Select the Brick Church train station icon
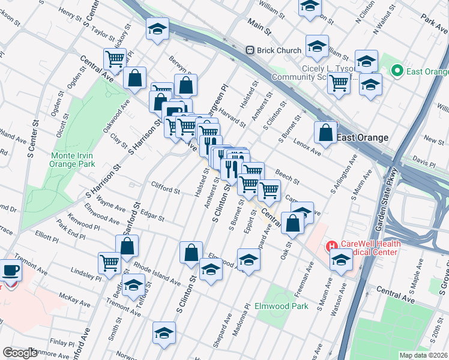coord(250,50)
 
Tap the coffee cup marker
coord(10,271)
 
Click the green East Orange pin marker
coord(397,71)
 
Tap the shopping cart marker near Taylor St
coord(114,59)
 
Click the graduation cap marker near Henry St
coord(157,29)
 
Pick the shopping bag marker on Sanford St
coord(127,245)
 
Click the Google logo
coord(20,353)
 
